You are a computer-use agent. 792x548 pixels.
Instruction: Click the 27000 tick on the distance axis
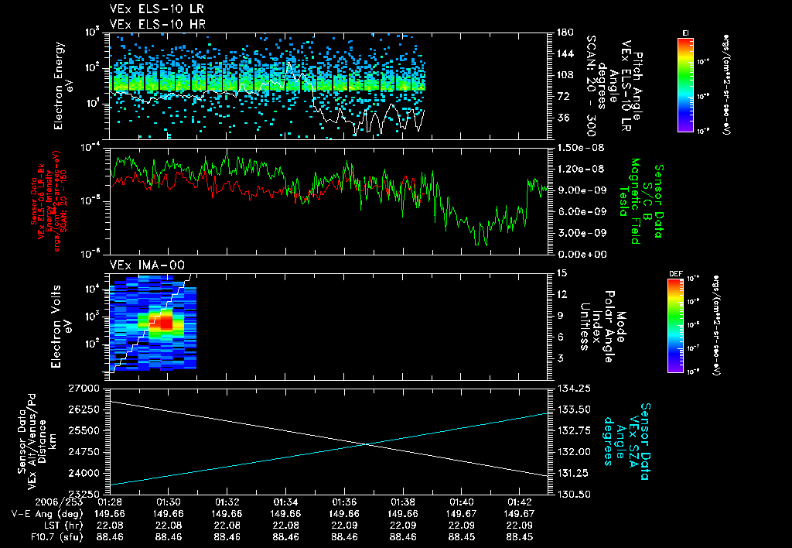(x=89, y=387)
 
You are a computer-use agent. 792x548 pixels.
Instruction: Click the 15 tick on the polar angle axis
(x=562, y=273)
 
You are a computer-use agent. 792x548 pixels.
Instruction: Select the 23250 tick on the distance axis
(x=89, y=493)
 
